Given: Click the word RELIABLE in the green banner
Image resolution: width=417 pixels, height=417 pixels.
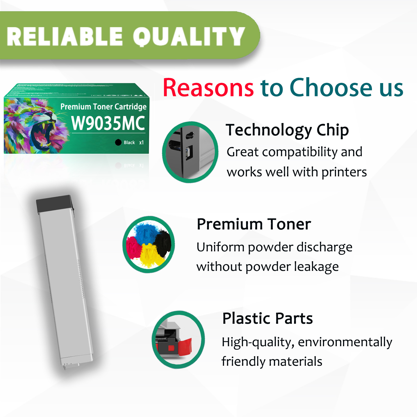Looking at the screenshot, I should coord(65,37).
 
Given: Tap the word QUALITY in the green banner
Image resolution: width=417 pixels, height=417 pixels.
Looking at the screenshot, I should coord(189,37).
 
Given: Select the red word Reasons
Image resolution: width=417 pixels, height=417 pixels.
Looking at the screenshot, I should coord(208,88).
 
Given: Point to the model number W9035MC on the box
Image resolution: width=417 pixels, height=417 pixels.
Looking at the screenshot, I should coord(108,123).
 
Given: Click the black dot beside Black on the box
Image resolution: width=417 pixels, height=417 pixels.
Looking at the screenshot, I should coord(118,142).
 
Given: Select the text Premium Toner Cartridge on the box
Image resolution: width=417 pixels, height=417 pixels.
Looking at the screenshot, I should coord(103,107).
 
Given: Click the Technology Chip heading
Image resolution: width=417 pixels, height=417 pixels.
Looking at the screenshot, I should coord(287,130).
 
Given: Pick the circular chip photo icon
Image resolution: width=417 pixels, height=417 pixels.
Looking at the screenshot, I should coord(190,152).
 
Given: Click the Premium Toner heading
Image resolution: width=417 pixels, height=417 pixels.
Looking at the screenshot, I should coord(254,224).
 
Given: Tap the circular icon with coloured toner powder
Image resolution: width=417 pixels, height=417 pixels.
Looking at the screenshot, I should coord(149,244).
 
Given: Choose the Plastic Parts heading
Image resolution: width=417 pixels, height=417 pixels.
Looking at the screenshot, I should coord(267,318).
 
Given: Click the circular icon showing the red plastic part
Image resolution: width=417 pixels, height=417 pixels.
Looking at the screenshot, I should coord(178,340).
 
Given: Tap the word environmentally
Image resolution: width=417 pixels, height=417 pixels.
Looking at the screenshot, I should coord(345,342).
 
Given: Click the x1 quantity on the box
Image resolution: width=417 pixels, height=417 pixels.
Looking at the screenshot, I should coord(141,142).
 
